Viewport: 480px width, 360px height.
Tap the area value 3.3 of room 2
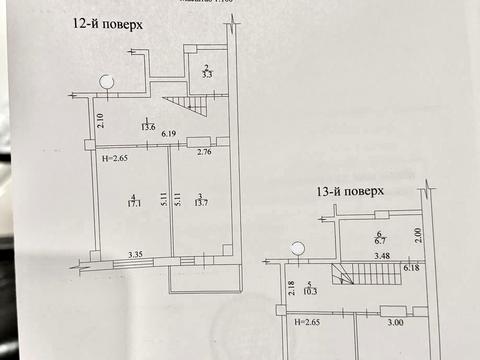[x=206, y=75]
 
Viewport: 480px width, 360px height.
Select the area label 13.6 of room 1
[x=148, y=126]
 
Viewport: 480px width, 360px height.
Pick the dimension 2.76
[x=204, y=152]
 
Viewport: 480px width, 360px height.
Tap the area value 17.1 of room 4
[x=133, y=204]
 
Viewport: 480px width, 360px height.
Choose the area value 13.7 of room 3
[x=200, y=203]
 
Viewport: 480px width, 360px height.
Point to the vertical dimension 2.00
[x=419, y=235]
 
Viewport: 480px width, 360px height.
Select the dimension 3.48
[x=381, y=257]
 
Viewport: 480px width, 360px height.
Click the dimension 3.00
[x=395, y=323]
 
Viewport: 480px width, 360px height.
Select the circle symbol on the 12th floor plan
[x=106, y=81]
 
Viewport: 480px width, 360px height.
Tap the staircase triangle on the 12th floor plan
[x=181, y=104]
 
